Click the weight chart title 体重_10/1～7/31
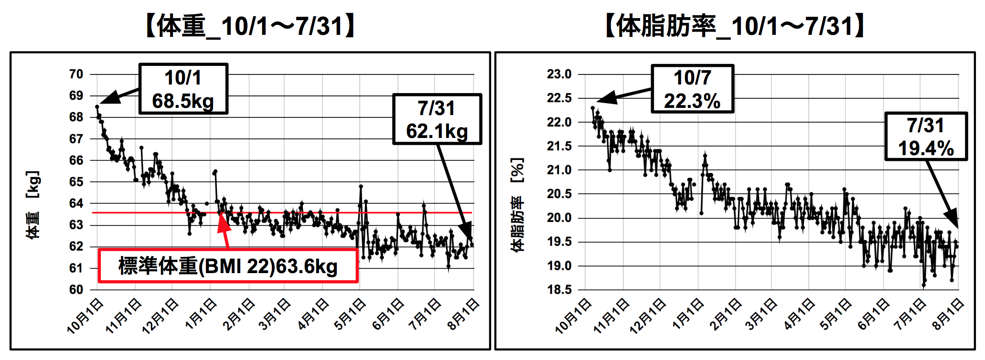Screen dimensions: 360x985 250,26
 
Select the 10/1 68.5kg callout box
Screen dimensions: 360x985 183,89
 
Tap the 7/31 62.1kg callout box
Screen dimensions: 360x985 437,119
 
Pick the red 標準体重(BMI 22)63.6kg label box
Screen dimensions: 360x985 228,266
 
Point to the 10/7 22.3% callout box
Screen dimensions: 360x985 692,89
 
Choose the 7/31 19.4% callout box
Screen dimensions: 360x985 926,137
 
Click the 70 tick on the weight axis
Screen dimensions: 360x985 76,74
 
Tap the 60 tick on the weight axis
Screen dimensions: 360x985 76,289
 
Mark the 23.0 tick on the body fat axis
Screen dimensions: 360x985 559,74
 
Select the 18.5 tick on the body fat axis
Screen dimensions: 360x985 559,289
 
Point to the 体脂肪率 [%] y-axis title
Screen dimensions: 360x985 517,204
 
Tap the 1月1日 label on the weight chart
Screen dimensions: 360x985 201,314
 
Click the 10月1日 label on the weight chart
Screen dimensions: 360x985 86,316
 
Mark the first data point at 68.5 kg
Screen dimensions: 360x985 97,107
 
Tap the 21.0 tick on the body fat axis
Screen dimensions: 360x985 559,170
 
